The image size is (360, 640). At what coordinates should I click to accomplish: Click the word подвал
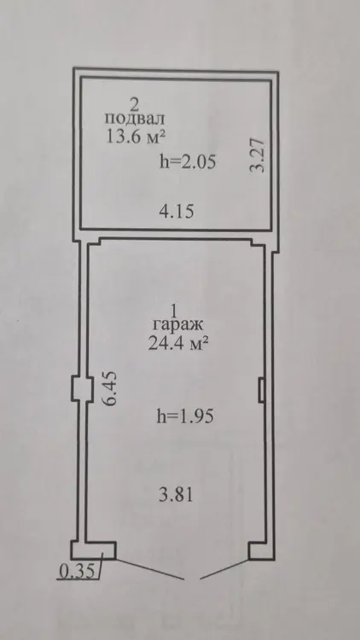point(135,119)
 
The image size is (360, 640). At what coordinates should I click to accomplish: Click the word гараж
point(177,325)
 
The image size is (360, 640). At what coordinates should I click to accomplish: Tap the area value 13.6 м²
point(135,136)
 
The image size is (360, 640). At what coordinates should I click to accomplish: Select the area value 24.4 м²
point(176,344)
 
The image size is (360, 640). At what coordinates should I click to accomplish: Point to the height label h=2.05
point(188,162)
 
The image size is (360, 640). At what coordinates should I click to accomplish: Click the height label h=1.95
point(186,416)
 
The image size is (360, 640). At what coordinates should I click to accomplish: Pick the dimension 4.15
point(177,212)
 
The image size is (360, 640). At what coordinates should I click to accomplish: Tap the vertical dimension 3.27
point(258,155)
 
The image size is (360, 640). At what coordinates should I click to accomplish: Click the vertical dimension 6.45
point(110,387)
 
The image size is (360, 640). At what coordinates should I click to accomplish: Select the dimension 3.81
point(176,495)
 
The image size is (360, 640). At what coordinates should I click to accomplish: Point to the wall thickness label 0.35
point(77,571)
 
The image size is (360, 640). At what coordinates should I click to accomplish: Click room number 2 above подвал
point(134,104)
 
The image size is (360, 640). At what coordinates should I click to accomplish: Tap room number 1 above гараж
point(173,311)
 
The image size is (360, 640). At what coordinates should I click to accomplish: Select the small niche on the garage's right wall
point(261,389)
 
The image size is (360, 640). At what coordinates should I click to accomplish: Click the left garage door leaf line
point(149,568)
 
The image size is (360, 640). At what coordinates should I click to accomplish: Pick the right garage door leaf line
point(224,569)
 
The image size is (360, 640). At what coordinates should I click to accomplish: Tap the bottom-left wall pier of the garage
point(94,550)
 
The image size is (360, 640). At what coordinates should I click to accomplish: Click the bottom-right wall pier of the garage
point(261,551)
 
